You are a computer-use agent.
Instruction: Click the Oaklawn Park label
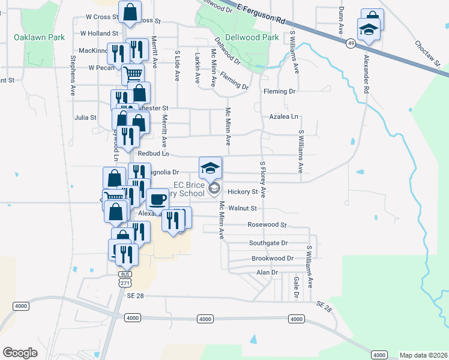pos(39,37)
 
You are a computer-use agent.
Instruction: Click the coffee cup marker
pos(157,199)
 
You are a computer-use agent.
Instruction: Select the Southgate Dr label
pos(268,243)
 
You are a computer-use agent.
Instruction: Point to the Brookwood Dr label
pos(272,259)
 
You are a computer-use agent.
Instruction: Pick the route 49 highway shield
pos(350,43)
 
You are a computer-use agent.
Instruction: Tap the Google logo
pos(20,353)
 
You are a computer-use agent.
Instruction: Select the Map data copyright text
pos(423,355)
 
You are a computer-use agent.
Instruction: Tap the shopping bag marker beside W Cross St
pos(130,12)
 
